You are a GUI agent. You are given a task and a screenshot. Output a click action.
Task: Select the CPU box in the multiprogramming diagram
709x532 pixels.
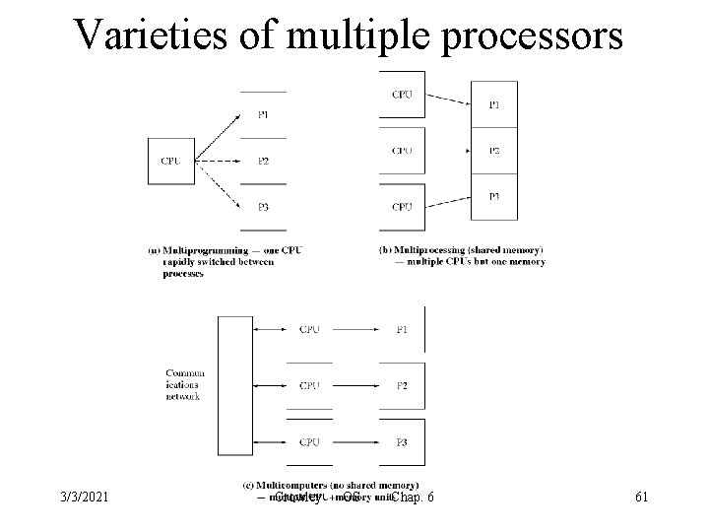click(170, 160)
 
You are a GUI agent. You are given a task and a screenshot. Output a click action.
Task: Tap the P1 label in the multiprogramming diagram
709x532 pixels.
click(263, 115)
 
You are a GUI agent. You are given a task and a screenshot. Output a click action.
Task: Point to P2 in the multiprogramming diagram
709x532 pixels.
click(263, 161)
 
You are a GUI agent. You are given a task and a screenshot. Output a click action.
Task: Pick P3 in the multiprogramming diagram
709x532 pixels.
click(263, 206)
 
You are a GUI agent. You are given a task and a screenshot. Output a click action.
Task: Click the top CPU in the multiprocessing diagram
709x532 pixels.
click(402, 95)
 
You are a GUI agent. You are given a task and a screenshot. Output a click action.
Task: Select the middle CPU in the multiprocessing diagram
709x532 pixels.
click(402, 151)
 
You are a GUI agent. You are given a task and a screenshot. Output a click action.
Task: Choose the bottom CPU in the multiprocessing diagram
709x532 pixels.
click(402, 206)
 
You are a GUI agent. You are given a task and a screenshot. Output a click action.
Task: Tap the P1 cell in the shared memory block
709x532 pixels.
click(494, 104)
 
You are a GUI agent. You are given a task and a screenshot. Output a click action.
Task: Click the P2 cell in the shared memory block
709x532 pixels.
click(494, 151)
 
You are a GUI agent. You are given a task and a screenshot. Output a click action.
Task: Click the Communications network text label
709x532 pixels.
click(184, 384)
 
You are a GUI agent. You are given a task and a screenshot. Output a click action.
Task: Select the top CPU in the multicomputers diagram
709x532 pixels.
click(309, 329)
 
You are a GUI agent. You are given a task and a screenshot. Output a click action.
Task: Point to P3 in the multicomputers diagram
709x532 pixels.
click(402, 440)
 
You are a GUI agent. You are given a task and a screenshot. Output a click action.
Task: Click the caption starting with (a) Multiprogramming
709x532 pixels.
click(226, 261)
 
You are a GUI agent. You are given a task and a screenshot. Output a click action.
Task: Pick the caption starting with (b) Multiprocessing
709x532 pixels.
click(461, 255)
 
